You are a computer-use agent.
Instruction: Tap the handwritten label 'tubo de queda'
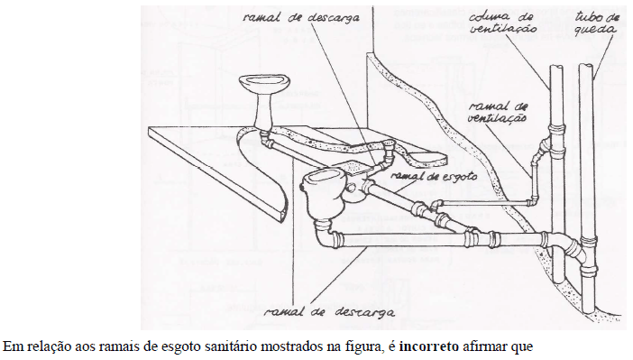(598, 23)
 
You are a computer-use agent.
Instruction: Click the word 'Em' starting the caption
(10, 346)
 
